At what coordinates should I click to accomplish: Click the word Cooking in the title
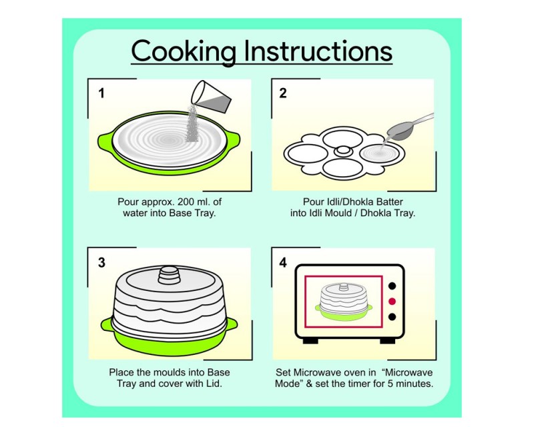(x=184, y=51)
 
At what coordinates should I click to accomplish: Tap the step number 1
(x=101, y=93)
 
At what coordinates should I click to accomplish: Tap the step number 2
(x=282, y=93)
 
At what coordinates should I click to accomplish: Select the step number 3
(x=101, y=262)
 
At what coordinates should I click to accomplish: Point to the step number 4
(x=282, y=262)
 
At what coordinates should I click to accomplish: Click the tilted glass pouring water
(x=211, y=97)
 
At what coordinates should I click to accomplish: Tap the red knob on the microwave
(x=392, y=302)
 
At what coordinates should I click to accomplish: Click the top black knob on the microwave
(x=392, y=286)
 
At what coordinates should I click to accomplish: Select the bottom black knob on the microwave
(x=392, y=317)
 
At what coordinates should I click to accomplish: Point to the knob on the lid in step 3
(x=170, y=275)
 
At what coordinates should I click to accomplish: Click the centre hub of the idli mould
(x=344, y=151)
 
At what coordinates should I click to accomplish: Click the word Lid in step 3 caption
(x=213, y=384)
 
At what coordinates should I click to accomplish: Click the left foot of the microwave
(x=310, y=340)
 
